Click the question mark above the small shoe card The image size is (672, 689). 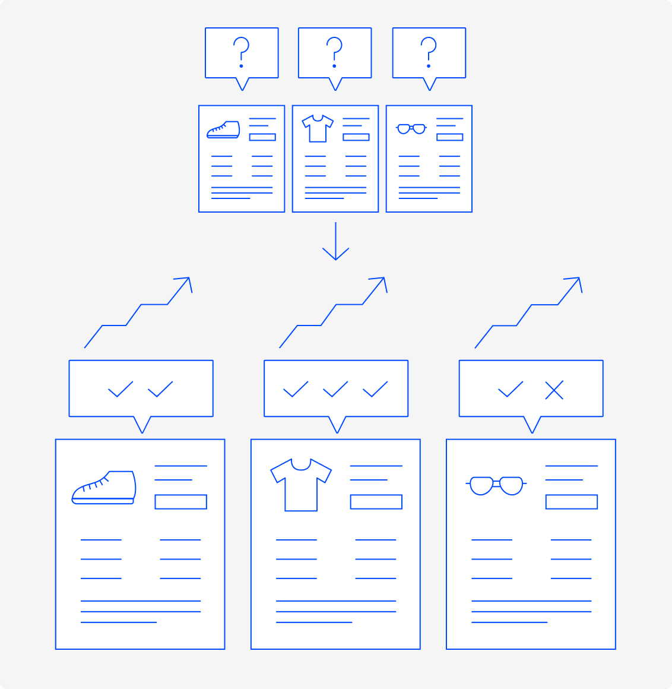point(241,51)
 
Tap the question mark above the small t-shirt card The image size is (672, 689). point(335,51)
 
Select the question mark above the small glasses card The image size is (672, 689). point(429,51)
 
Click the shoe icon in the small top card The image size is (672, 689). point(223,130)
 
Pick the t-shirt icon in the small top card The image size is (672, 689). point(318,128)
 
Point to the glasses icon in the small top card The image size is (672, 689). point(411,128)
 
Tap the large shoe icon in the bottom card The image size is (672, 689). point(104,488)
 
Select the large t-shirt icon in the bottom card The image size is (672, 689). point(301,484)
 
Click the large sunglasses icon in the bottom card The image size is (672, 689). point(496,485)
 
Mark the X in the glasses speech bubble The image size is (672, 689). point(554,390)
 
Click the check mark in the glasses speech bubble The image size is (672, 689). point(510,390)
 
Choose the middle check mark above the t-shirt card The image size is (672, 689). point(335,390)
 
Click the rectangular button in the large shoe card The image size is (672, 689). point(180,502)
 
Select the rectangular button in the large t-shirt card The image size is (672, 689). point(376,502)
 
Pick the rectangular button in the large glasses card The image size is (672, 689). point(571,502)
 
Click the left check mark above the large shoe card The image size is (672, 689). point(121,390)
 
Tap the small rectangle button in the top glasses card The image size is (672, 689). point(449,137)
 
